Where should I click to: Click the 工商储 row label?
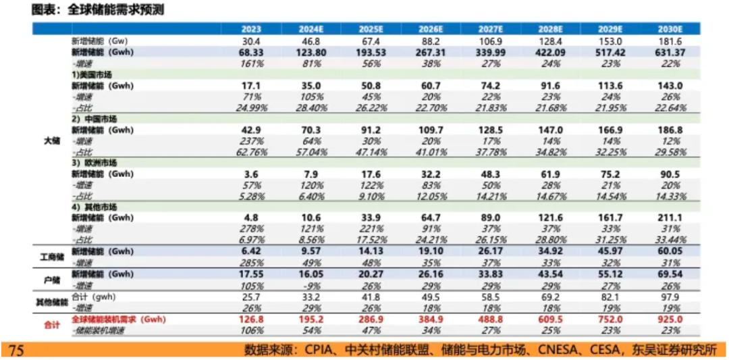(x=49, y=257)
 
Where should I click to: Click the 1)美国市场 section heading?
(x=92, y=75)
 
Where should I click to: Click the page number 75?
(x=17, y=349)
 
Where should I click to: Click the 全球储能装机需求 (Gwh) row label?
(x=119, y=319)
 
